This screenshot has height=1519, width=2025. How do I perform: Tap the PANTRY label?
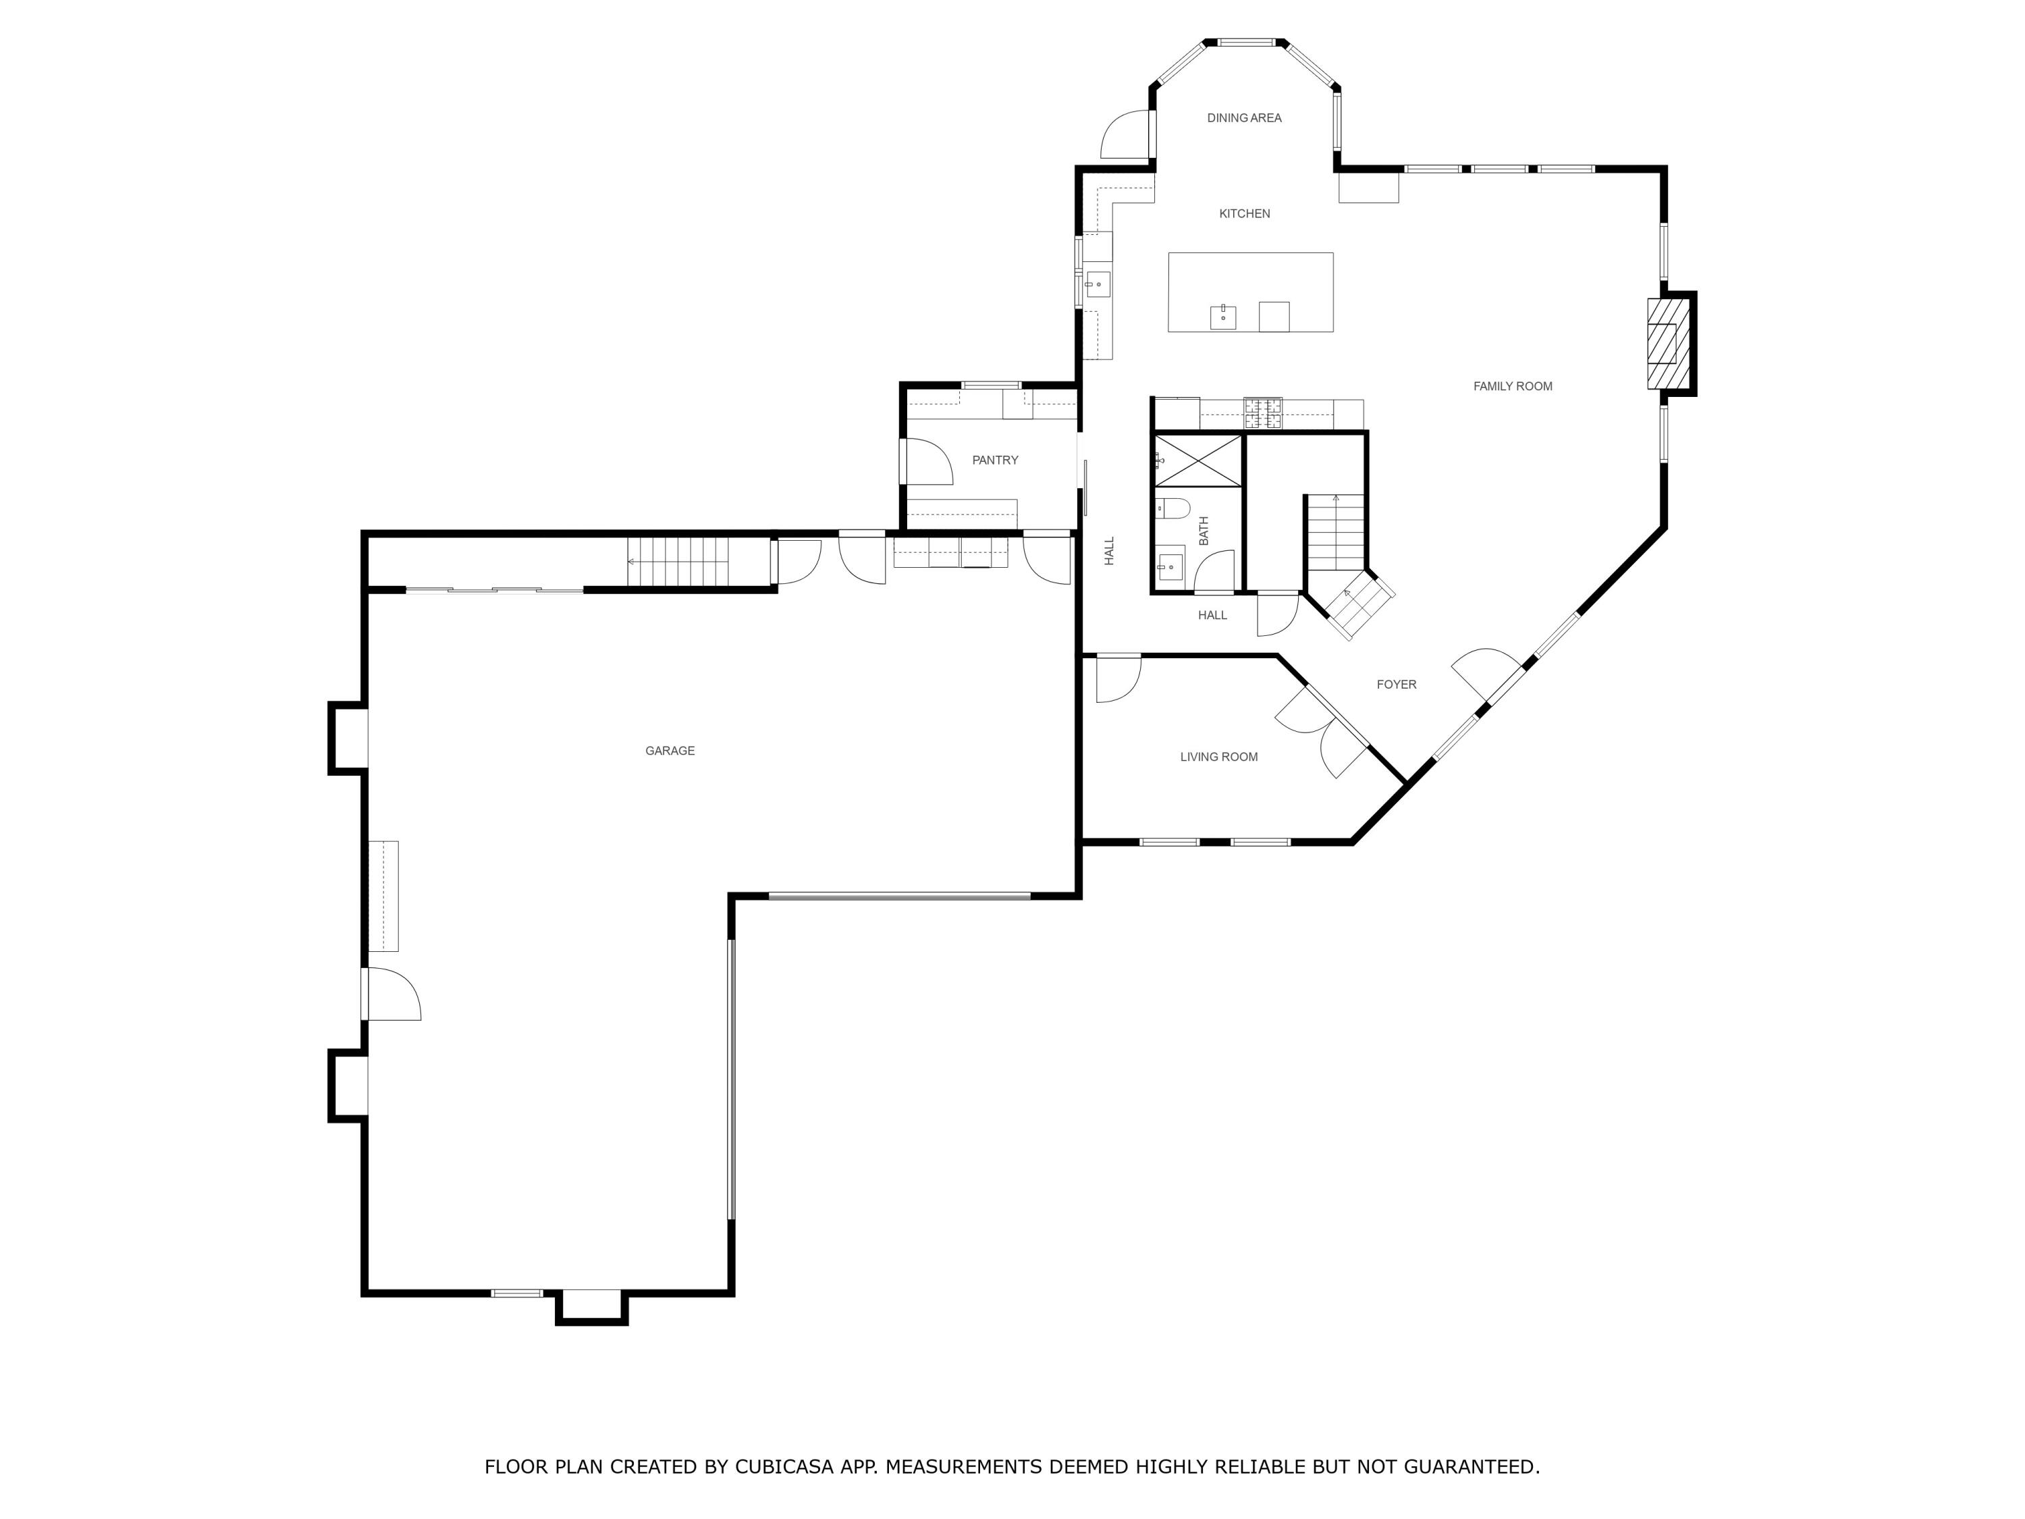click(x=994, y=460)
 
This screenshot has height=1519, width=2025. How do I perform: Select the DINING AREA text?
click(x=1243, y=118)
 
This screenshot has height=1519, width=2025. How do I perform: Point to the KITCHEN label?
click(x=1244, y=214)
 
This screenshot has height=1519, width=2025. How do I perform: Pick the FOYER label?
click(x=1396, y=685)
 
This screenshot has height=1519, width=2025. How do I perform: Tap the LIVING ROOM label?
click(x=1218, y=757)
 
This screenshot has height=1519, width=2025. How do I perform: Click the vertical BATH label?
click(x=1204, y=531)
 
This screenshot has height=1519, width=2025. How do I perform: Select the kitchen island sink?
click(x=1222, y=317)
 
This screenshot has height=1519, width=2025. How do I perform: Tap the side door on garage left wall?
click(x=391, y=994)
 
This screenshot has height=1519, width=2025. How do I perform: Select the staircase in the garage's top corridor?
click(x=678, y=561)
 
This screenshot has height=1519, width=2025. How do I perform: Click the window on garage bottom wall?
click(x=516, y=1293)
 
